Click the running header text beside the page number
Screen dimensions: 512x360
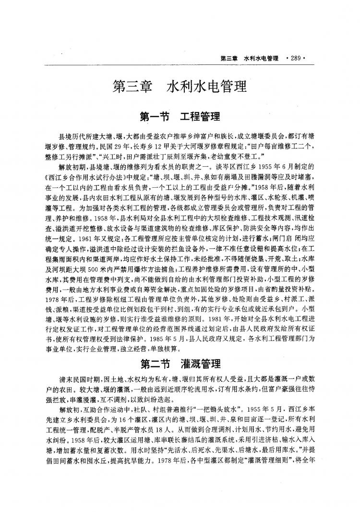click(249, 58)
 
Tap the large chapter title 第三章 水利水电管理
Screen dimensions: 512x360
click(179, 86)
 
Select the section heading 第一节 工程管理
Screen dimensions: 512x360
click(179, 117)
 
